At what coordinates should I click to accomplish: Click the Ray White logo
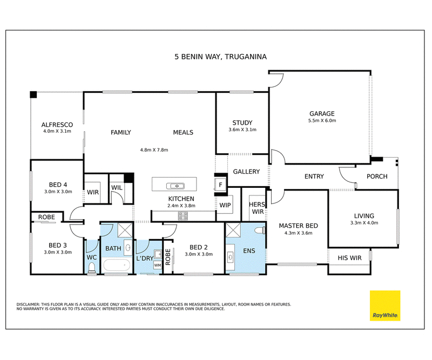coord(385,305)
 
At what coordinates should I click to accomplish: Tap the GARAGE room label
coord(322,113)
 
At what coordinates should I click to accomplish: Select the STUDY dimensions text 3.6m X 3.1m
coord(242,130)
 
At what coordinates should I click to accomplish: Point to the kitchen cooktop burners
coord(183,216)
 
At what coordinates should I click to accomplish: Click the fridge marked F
coord(220,185)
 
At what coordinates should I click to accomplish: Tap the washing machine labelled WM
coord(158,265)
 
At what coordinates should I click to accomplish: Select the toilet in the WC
coord(91,268)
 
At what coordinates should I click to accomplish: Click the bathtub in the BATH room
coord(117,266)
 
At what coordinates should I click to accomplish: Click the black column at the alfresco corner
coord(33,94)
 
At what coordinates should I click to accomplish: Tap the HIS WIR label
coord(349,258)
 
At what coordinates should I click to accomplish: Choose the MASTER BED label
coord(299,226)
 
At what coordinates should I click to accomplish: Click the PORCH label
coord(377,176)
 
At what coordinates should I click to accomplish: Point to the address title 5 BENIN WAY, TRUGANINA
coord(220,57)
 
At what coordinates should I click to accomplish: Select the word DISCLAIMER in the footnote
coord(28,304)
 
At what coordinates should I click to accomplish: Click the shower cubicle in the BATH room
coord(125,230)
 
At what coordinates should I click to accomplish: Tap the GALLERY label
coord(246,172)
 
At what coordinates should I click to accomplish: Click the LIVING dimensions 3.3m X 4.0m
coord(364,223)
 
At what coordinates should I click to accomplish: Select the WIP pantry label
coord(225,205)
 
